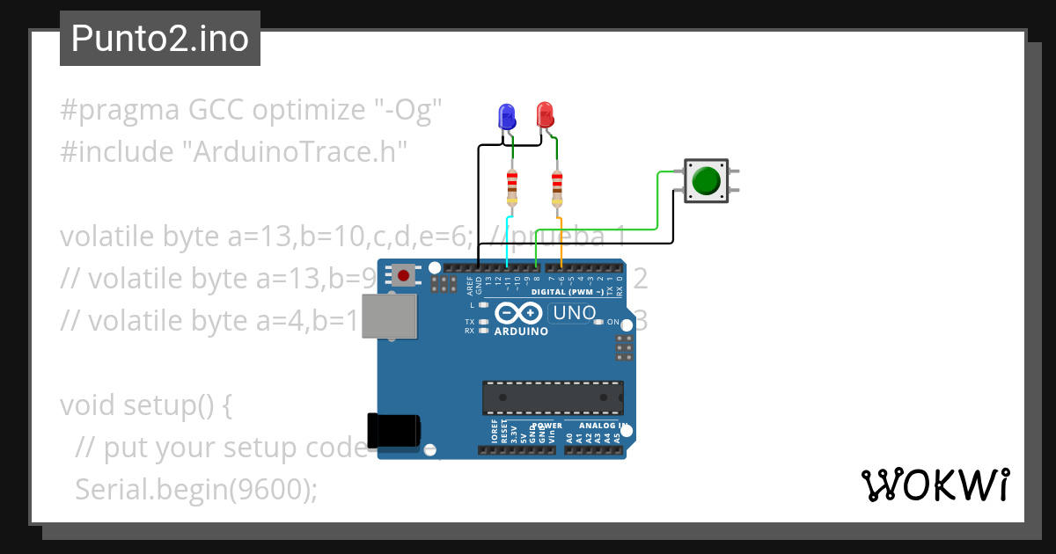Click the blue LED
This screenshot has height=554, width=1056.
coord(506,115)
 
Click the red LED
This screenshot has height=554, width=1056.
coord(546,114)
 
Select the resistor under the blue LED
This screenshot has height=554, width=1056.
coord(512,187)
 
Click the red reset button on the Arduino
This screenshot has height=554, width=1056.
coord(404,276)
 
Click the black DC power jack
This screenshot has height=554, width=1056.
coord(393,431)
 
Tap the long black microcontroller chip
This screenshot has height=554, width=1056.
coord(553,397)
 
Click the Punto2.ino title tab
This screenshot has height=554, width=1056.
coord(159,39)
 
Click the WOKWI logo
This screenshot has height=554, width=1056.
coord(935,485)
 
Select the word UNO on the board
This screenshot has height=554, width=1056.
coord(576,312)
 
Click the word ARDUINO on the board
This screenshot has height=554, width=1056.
coord(521,332)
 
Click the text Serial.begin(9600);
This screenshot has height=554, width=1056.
coord(196,488)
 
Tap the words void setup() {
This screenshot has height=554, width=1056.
coord(145,405)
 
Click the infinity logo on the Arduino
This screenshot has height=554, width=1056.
coord(520,313)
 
